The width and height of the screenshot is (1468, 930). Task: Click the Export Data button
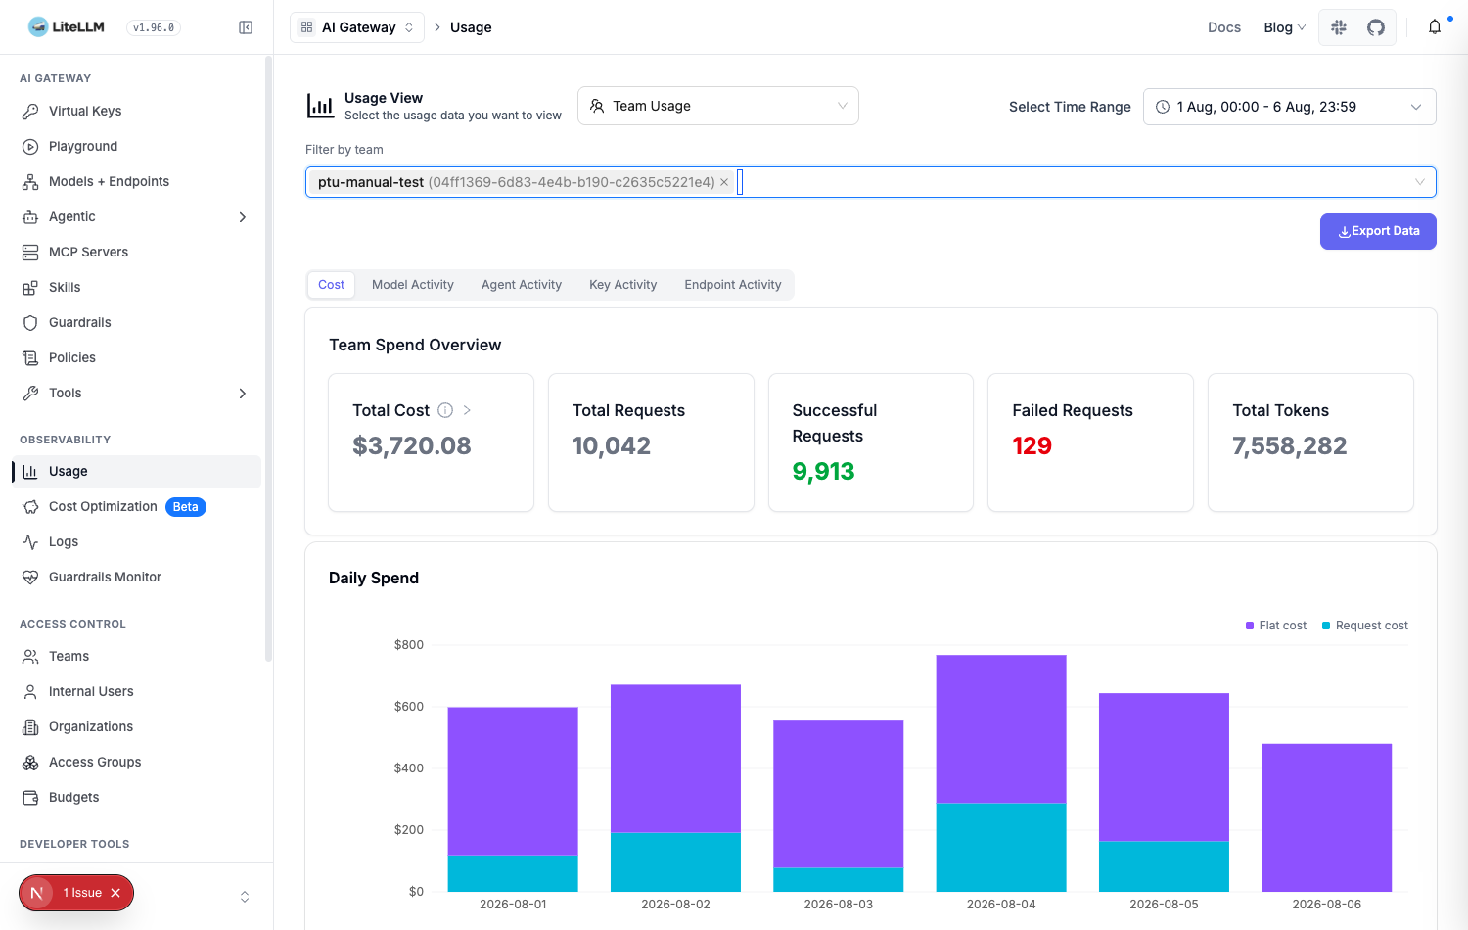1378,231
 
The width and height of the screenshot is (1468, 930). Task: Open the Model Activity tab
412,285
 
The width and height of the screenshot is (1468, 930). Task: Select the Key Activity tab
622,285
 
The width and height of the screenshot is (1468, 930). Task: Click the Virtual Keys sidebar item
84,111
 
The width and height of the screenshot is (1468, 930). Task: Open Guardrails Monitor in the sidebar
104,577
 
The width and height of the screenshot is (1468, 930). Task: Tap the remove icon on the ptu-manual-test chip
724,182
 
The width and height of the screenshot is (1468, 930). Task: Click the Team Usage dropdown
717,106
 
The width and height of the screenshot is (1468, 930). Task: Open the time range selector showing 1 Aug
1289,107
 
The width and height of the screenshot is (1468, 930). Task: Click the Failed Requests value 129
1032,445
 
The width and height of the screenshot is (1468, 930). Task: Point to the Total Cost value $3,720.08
412,445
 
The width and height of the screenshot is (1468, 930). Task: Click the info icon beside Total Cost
445,410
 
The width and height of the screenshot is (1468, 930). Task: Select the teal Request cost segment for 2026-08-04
1001,847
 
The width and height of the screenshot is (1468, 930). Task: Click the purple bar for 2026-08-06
1326,817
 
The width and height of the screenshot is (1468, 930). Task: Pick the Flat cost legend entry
1275,626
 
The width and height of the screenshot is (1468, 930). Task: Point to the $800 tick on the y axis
409,645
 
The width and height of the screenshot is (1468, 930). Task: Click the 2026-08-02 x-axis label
675,904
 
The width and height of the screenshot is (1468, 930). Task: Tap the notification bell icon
1435,26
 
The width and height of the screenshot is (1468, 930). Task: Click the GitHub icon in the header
1376,27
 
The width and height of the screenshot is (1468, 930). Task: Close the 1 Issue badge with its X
115,893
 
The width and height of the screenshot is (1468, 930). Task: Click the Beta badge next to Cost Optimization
186,507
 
